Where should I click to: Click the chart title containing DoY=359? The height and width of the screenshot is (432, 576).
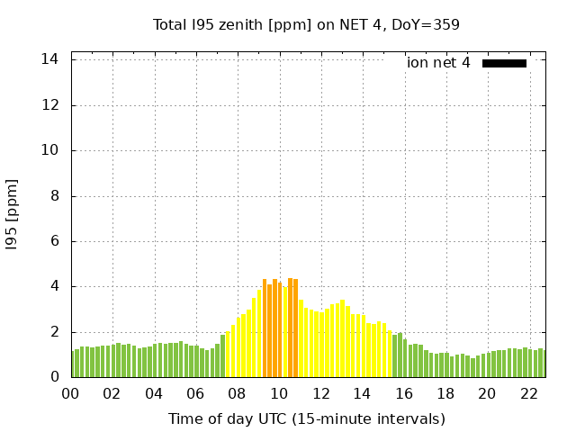click(x=306, y=24)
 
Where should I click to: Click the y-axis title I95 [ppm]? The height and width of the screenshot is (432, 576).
click(x=13, y=218)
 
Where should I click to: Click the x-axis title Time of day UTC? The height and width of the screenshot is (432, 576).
click(x=306, y=418)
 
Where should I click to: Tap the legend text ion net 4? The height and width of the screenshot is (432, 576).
click(x=438, y=63)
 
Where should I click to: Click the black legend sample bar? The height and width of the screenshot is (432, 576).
click(x=504, y=63)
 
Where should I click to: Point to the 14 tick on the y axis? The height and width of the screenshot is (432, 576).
click(x=50, y=59)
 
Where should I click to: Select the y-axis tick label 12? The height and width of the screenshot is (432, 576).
click(x=50, y=105)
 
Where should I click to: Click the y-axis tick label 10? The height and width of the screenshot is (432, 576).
click(x=50, y=150)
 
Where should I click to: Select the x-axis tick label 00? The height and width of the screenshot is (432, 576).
click(x=71, y=393)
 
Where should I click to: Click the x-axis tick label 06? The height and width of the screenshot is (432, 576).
click(x=196, y=393)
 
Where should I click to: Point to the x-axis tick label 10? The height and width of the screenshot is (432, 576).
click(x=279, y=393)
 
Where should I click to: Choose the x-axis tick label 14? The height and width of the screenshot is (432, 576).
click(x=363, y=393)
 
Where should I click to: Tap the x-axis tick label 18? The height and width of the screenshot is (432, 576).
click(x=445, y=393)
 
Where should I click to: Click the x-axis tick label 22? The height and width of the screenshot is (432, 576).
click(x=529, y=393)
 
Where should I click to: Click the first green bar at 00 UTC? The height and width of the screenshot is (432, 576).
click(x=74, y=364)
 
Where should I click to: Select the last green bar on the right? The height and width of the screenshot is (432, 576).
click(x=541, y=364)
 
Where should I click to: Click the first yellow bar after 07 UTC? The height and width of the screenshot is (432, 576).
click(x=229, y=355)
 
